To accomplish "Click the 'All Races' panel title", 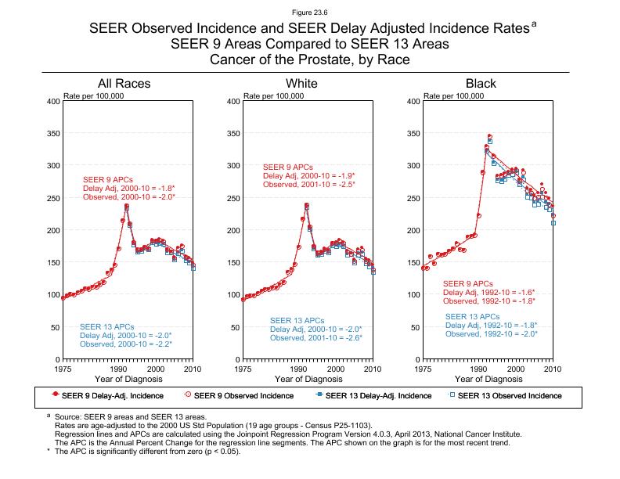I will coord(124,84).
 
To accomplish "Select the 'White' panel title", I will coord(301,84).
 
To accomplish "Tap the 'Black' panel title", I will coord(481,84).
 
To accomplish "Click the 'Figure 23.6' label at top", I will coord(310,11).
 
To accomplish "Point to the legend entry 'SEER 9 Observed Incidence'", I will coord(242,395).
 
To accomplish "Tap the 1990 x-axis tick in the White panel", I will coord(298,368).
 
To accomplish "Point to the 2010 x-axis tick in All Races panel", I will coord(193,368).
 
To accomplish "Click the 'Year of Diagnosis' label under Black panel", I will coord(488,379).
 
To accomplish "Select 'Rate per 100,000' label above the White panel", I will coord(273,95).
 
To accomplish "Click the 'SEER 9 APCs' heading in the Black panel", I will coord(467,283).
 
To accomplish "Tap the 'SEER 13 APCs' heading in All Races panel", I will coord(105,326).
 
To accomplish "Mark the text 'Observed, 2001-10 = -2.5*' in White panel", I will coord(308,185).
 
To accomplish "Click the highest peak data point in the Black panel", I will coord(490,137).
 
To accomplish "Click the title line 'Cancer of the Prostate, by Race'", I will coord(310,59).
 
